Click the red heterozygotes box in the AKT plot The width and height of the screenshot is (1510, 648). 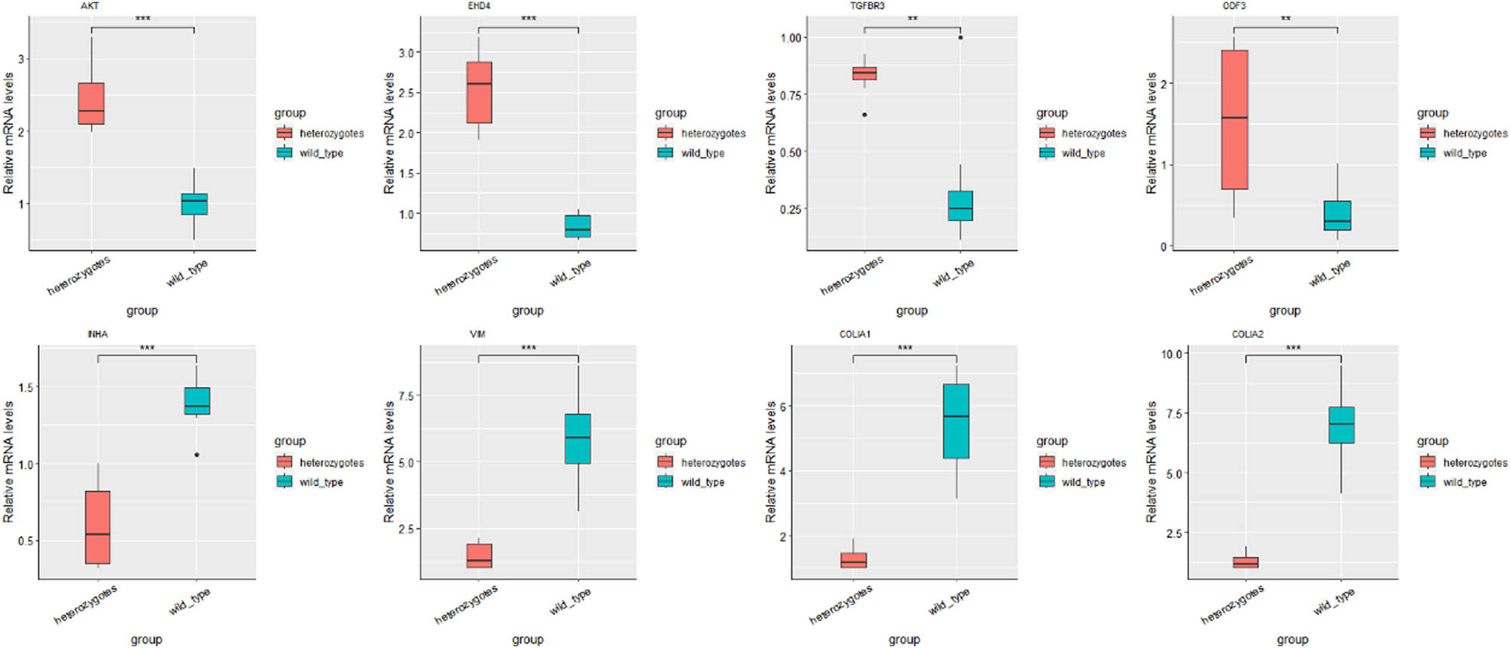tap(91, 103)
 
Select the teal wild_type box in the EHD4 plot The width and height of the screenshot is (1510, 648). tap(578, 226)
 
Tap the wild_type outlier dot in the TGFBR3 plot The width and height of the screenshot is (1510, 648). tap(960, 37)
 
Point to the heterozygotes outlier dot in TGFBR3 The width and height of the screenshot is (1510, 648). tap(864, 115)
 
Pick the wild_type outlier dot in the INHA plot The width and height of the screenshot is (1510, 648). tap(197, 455)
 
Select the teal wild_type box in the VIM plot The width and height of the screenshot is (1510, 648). tap(578, 438)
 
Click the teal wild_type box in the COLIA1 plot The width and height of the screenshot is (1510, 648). tap(957, 421)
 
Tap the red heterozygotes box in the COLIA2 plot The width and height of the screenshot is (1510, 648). tap(1246, 562)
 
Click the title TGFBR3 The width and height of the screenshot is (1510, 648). tap(867, 6)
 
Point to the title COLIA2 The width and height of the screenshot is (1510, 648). tap(1247, 334)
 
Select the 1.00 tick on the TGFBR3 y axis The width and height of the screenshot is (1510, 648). tap(790, 38)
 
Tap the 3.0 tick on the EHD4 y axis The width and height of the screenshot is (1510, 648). tap(405, 53)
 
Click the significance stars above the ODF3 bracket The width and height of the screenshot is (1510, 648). tap(1286, 19)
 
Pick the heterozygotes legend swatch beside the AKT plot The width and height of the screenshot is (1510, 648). tap(284, 134)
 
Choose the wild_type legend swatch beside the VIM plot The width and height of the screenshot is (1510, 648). tap(665, 482)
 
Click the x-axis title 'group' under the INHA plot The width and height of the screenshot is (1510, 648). tap(146, 639)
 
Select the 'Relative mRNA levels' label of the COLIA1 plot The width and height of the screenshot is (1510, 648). tap(771, 462)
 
